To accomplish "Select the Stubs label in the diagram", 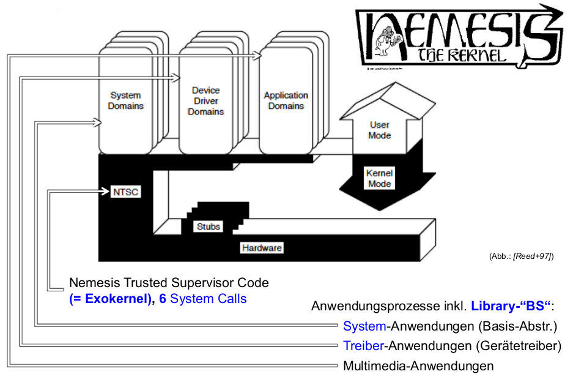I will click(208, 226).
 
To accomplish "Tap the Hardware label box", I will click(261, 248).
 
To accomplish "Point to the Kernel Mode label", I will click(379, 178).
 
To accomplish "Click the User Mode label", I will click(379, 130).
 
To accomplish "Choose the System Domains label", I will click(127, 100).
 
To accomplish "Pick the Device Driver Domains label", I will click(206, 101).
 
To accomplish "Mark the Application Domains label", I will click(286, 100).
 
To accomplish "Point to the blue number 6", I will click(163, 299).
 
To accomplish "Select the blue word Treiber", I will click(363, 346).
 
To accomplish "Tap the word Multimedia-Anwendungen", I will click(418, 366).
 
